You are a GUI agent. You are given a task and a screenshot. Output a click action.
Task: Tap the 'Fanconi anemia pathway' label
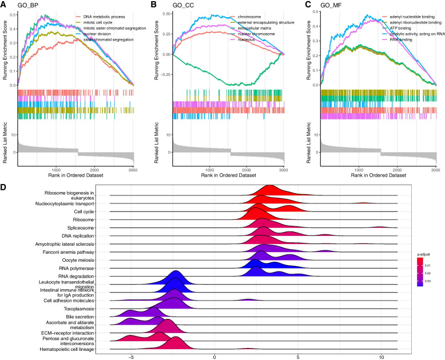(x=63, y=252)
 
